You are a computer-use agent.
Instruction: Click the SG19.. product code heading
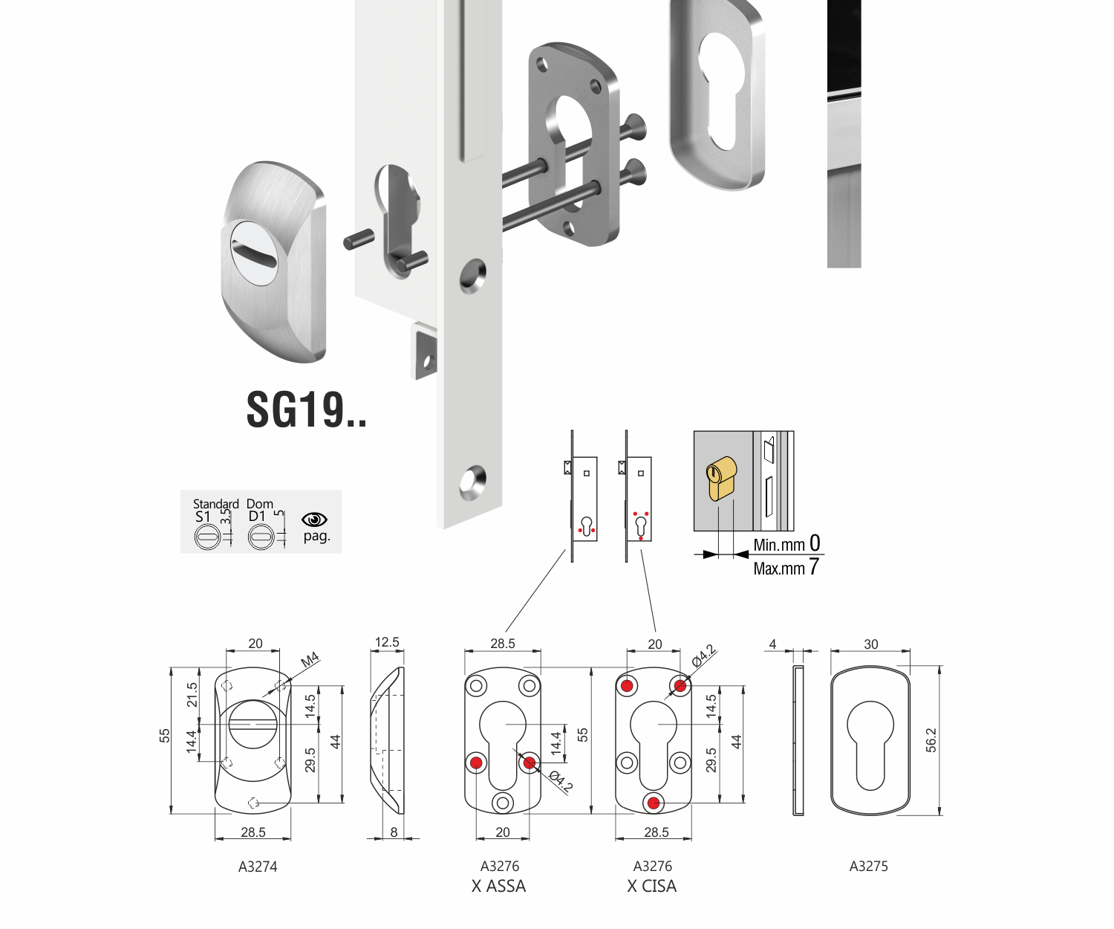306,410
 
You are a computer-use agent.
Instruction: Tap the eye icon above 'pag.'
315,519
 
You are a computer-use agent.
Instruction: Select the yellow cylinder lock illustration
720,479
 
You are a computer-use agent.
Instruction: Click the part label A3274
258,866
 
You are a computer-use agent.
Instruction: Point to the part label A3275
868,866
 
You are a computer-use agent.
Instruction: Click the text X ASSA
498,886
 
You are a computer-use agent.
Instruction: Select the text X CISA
651,886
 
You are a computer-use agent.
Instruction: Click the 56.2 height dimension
931,740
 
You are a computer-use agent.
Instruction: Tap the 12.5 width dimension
387,642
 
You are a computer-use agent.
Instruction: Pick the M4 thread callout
310,659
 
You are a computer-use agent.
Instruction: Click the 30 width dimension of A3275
871,644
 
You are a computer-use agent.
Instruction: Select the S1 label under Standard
203,517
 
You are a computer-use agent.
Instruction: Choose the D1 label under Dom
257,517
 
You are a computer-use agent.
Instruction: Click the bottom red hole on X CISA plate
654,803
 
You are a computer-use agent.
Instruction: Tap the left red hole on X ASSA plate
476,763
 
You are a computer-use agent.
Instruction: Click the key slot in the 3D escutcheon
254,253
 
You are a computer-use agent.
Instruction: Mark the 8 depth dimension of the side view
394,832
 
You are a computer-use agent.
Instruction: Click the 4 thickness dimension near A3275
772,644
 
